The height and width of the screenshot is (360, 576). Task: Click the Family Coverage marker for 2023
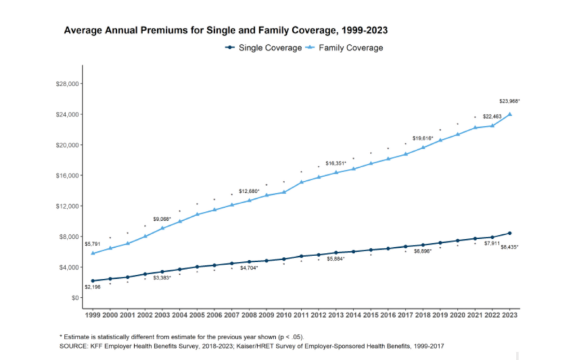pyautogui.click(x=509, y=114)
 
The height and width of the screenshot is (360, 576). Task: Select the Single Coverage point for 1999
pyautogui.click(x=93, y=281)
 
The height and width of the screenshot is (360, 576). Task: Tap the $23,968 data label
pyautogui.click(x=509, y=101)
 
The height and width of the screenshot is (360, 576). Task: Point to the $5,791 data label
pyautogui.click(x=93, y=244)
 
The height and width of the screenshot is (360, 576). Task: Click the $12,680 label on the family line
pyautogui.click(x=249, y=191)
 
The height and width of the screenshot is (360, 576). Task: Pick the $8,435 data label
pyautogui.click(x=509, y=247)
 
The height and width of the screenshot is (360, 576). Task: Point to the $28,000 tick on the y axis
pyautogui.click(x=67, y=84)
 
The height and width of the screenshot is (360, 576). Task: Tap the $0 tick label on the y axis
pyautogui.click(x=75, y=298)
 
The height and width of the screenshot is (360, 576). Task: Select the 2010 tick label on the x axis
pyautogui.click(x=284, y=315)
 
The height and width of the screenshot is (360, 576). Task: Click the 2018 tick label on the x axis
pyautogui.click(x=423, y=315)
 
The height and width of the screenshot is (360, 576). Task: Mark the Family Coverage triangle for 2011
pyautogui.click(x=301, y=182)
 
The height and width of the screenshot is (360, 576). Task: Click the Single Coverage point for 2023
pyautogui.click(x=509, y=233)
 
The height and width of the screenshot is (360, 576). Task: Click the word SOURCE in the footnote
pyautogui.click(x=73, y=346)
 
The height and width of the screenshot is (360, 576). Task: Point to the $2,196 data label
pyautogui.click(x=93, y=287)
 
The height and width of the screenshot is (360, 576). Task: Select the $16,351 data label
pyautogui.click(x=336, y=163)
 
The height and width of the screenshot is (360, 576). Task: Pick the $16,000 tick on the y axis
pyautogui.click(x=67, y=176)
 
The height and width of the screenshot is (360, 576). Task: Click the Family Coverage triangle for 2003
pyautogui.click(x=162, y=228)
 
